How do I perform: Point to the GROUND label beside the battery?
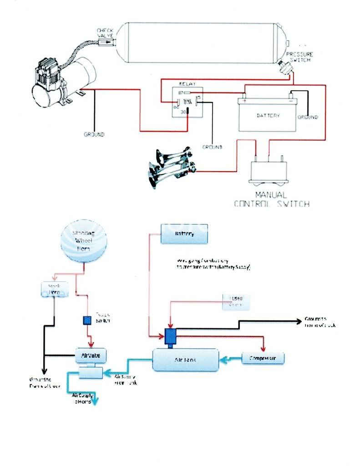[308, 117]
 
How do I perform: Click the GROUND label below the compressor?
[94, 135]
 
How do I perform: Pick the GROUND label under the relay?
[212, 147]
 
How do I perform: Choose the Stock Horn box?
[55, 289]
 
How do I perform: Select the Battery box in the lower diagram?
[184, 234]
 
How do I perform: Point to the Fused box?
[236, 301]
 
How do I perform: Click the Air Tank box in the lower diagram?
[185, 360]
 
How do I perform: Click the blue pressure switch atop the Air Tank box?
[171, 336]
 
